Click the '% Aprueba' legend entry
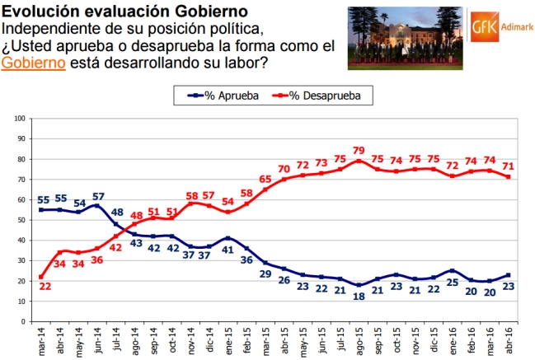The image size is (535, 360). (223, 96)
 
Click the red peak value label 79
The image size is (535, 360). (359, 150)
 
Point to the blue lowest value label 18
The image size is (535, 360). (359, 297)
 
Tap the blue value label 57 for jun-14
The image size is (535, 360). (99, 197)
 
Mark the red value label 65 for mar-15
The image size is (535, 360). (265, 179)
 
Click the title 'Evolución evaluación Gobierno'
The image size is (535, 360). (124, 11)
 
